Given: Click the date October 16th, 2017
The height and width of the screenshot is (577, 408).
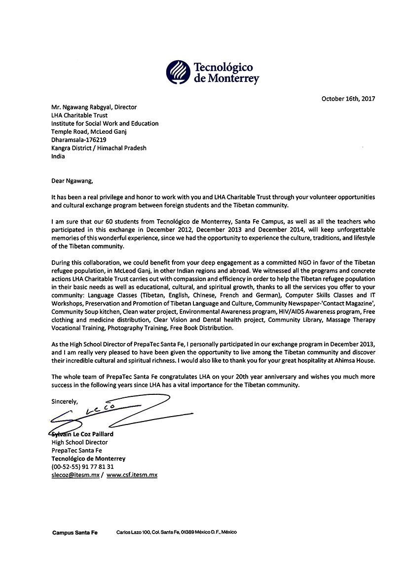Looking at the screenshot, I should click(348, 99).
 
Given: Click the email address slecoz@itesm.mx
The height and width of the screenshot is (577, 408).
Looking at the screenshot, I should click(75, 475).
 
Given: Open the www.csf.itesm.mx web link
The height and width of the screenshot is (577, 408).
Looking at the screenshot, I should click(132, 475).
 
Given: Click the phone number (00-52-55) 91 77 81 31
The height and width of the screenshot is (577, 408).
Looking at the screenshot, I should click(82, 466).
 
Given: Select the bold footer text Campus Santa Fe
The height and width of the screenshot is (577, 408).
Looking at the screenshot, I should click(75, 533).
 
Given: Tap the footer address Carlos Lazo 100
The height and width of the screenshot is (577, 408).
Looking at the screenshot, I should click(133, 533).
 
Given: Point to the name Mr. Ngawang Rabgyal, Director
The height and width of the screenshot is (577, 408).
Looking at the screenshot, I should click(94, 107).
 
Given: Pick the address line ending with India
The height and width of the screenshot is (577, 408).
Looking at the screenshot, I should click(58, 156).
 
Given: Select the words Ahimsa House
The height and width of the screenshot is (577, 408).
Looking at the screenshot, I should click(356, 360).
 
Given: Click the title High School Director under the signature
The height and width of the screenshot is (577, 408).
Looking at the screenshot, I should click(79, 442).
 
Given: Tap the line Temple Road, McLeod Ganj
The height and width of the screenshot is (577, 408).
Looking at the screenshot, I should click(90, 132).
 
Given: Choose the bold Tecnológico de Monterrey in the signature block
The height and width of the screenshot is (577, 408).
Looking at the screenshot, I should click(88, 459).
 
